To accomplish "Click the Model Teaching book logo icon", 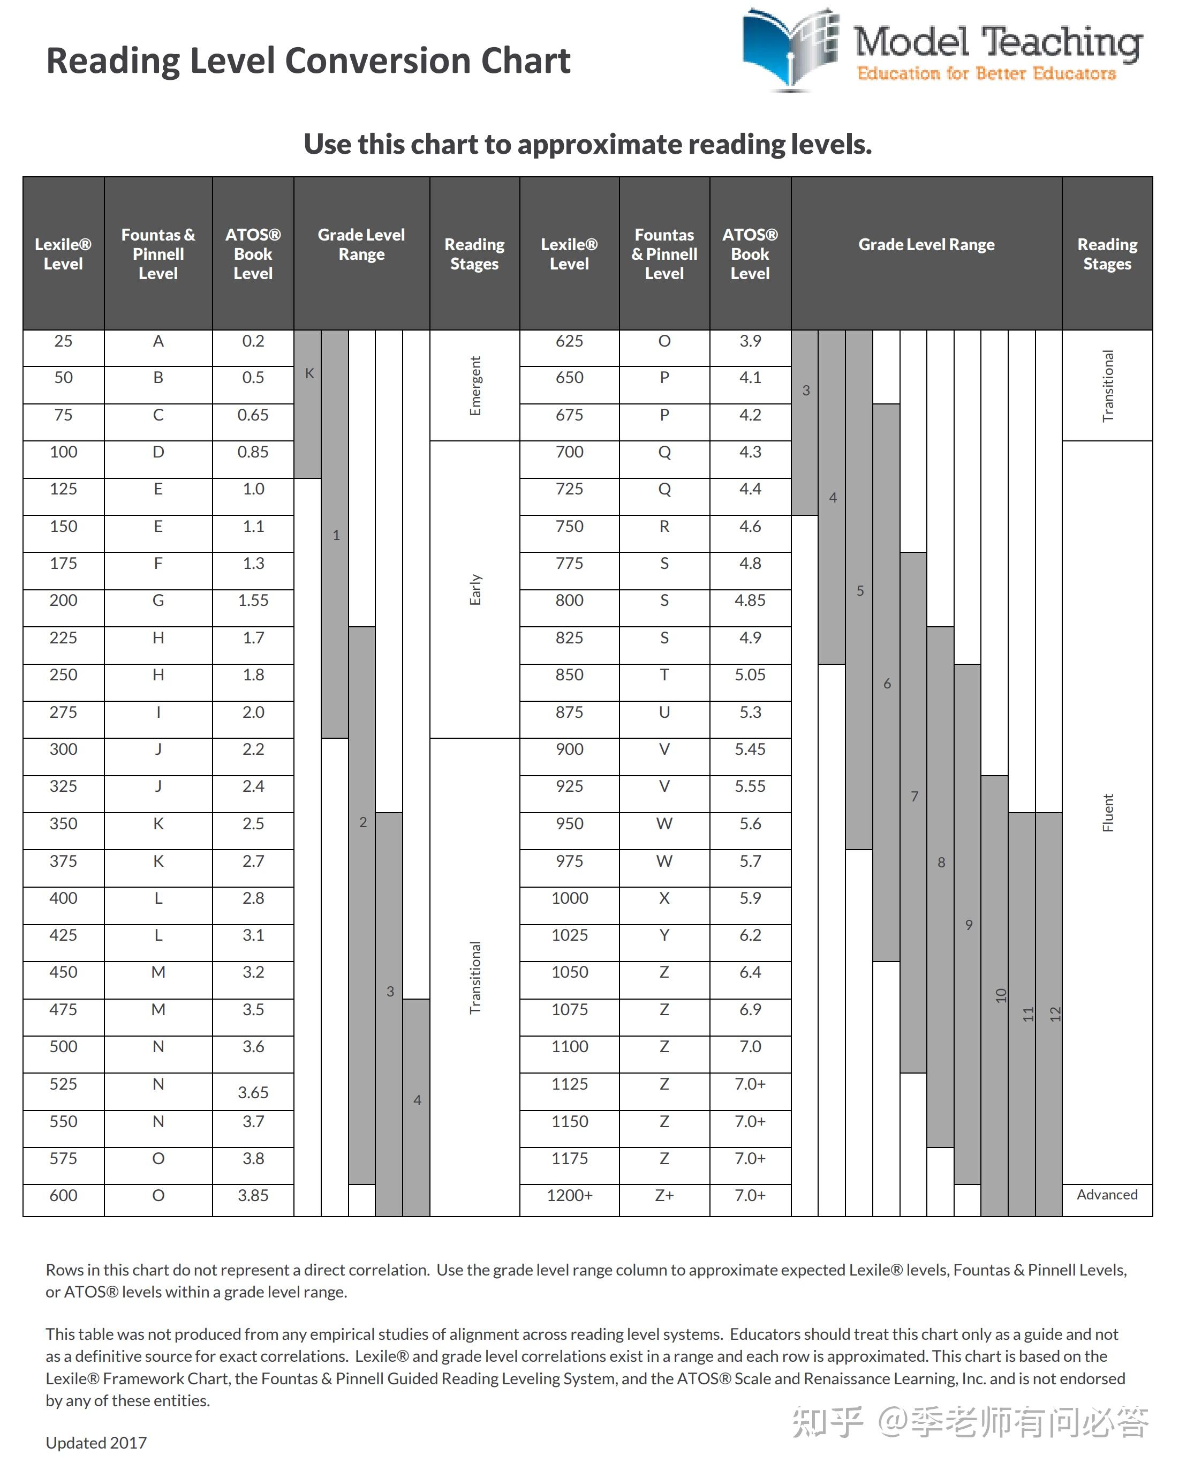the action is click(x=790, y=49).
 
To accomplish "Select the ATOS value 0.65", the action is click(x=253, y=415).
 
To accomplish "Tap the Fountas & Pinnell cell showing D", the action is click(x=158, y=452).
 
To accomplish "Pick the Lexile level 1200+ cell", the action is click(x=570, y=1195).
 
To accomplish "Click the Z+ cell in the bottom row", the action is click(x=664, y=1195).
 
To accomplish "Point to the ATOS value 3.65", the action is click(x=253, y=1092).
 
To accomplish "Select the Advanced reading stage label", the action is click(x=1107, y=1195).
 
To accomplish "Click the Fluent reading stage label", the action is click(x=1107, y=813).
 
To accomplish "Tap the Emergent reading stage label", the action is click(x=475, y=386).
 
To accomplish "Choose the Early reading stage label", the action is click(x=475, y=590).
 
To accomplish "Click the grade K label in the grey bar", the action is click(x=309, y=373).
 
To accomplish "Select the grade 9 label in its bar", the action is click(x=969, y=925).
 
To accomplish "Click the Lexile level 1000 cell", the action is click(x=570, y=898).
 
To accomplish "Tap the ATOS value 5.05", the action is click(x=750, y=675).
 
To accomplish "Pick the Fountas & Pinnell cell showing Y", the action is click(x=664, y=935).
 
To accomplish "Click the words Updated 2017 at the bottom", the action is click(x=96, y=1443).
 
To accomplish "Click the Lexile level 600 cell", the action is click(x=63, y=1195).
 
